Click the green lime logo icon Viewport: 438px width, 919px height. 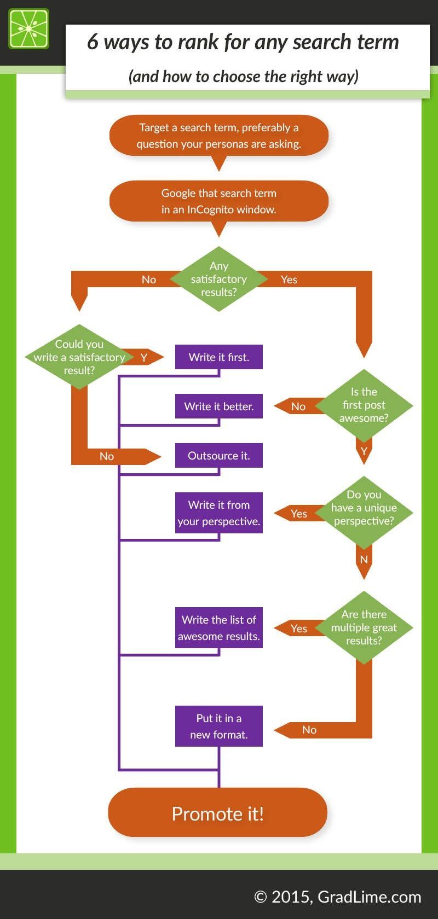click(x=28, y=28)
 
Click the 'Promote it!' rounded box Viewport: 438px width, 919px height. click(x=218, y=813)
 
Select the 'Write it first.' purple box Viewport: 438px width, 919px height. click(x=218, y=357)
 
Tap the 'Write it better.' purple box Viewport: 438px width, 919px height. click(x=218, y=406)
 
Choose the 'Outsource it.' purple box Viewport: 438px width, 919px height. click(x=218, y=455)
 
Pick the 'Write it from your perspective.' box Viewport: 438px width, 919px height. click(x=218, y=513)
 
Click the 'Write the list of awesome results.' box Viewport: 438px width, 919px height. click(x=218, y=627)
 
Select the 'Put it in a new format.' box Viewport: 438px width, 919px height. click(x=218, y=726)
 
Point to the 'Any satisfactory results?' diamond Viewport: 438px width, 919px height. click(x=218, y=279)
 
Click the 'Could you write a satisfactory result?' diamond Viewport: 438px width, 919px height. click(x=79, y=357)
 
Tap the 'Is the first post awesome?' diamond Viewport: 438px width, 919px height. click(x=364, y=405)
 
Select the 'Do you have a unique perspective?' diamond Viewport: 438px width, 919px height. click(x=364, y=508)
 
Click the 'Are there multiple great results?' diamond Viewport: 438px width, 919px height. click(x=364, y=627)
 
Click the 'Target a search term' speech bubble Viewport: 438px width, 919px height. click(x=218, y=135)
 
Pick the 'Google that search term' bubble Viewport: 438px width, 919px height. click(x=218, y=201)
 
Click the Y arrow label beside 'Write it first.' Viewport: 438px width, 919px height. click(x=144, y=357)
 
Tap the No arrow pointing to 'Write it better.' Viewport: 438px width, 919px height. click(x=298, y=406)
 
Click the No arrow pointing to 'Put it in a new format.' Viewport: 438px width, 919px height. click(x=309, y=729)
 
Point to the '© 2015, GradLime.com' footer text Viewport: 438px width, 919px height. click(x=338, y=897)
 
